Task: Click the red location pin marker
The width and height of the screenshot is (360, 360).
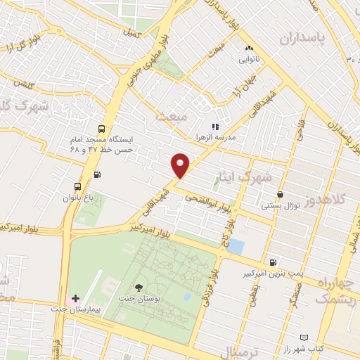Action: tap(181, 165)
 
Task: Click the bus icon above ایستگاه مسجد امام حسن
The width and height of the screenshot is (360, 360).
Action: tap(103, 129)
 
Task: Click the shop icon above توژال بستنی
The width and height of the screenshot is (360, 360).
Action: tap(281, 195)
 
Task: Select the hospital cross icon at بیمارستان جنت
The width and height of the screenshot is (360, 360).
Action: tap(76, 300)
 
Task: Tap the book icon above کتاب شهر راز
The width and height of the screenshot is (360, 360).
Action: tap(304, 338)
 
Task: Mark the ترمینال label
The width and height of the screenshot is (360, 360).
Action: tap(238, 352)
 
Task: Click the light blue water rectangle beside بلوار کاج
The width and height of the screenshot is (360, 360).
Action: tap(236, 247)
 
